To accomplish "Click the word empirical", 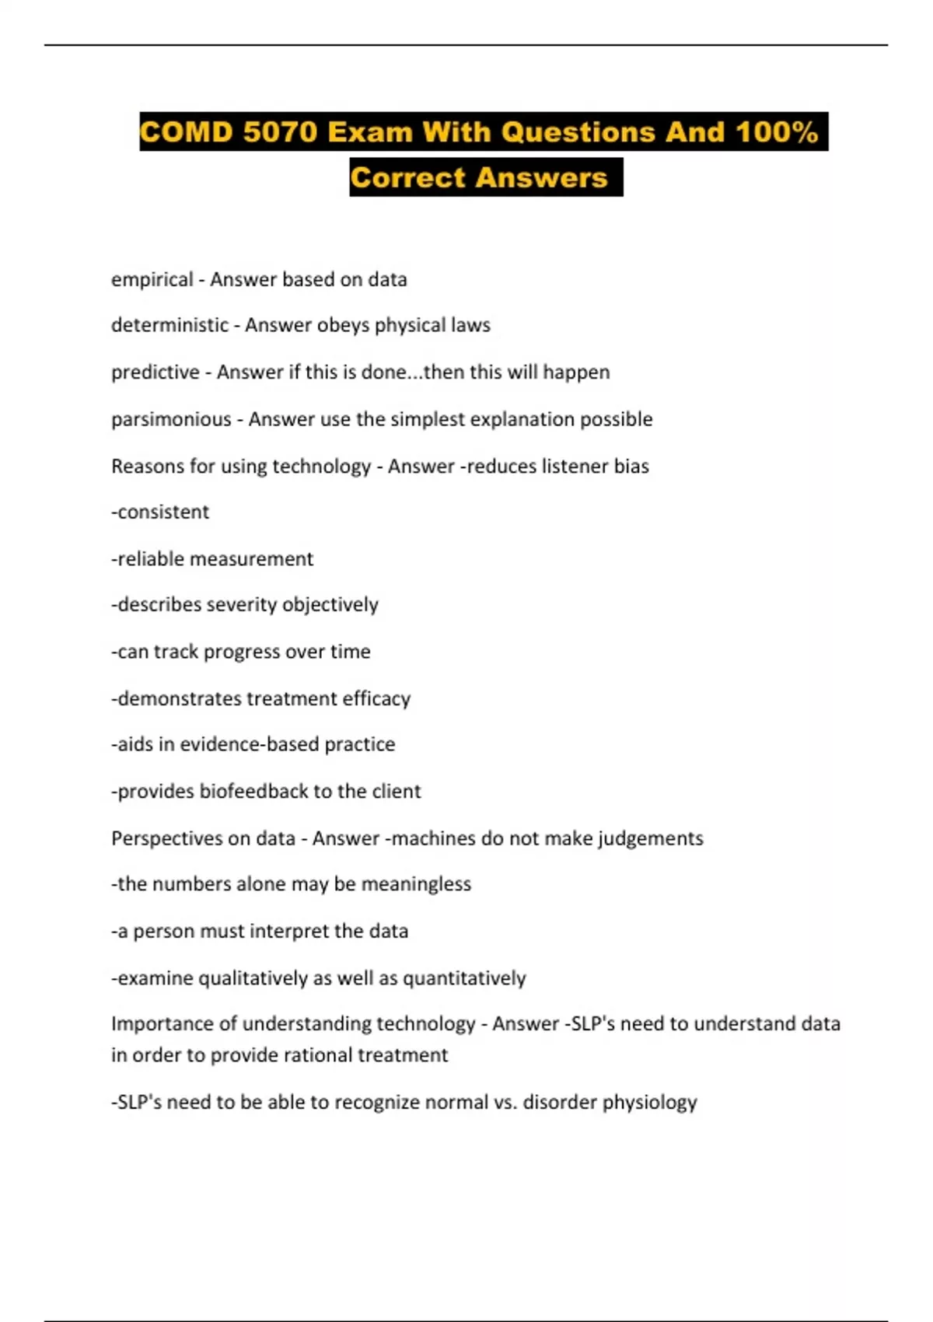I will (x=152, y=279).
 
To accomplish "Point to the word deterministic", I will (x=169, y=325).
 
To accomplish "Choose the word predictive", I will (x=155, y=372).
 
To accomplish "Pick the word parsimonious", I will (x=171, y=419).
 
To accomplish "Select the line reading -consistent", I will (x=160, y=512).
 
